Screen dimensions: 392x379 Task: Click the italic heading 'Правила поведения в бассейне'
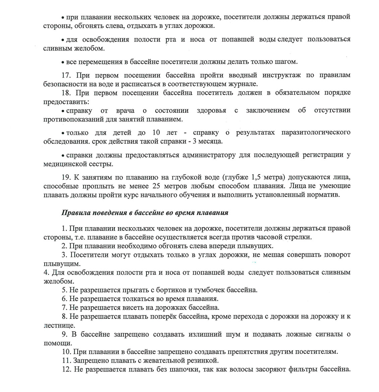click(x=144, y=213)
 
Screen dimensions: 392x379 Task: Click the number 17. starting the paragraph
click(x=66, y=75)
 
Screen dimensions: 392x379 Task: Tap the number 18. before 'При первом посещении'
click(x=66, y=93)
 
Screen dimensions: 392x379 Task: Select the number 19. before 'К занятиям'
click(x=66, y=177)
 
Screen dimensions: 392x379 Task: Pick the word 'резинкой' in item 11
click(x=204, y=360)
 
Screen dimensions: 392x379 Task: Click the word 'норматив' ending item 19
click(x=325, y=195)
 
